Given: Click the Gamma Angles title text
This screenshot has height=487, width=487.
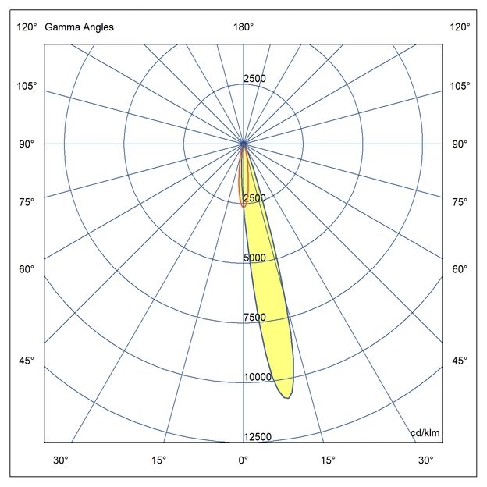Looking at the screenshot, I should tap(79, 27).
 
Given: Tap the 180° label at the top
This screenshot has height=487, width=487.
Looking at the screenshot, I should tap(243, 27).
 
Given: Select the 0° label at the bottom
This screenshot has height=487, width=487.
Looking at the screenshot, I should tap(243, 460).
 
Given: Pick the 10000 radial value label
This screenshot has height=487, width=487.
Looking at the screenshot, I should tap(257, 377).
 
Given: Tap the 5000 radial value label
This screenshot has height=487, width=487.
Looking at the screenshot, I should tap(257, 258).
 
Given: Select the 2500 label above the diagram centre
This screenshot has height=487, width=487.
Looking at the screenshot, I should tap(255, 79).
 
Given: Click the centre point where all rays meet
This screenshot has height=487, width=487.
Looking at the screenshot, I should tap(244, 144).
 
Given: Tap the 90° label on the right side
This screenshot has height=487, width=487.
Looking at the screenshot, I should tap(460, 144).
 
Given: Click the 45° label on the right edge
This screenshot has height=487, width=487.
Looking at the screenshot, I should tap(460, 361).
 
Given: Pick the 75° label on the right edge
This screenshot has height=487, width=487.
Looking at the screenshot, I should tap(460, 202).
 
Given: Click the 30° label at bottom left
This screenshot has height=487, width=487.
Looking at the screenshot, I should tap(61, 460).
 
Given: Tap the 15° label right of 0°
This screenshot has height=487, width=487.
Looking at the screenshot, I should tap(328, 460).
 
